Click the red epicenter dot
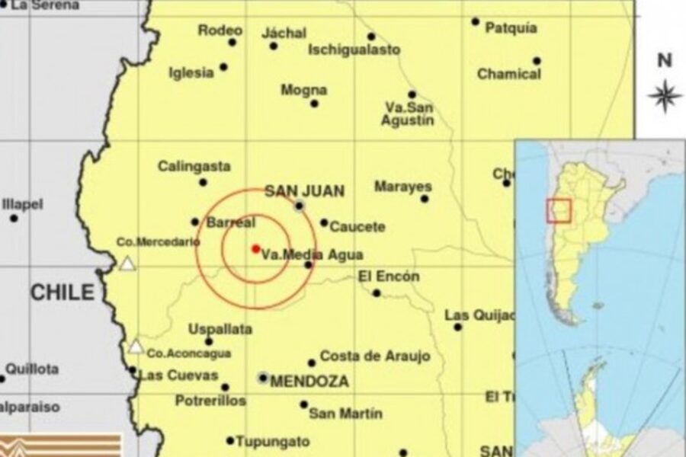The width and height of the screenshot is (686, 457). pyautogui.click(x=255, y=248)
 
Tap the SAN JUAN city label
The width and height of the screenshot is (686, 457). pyautogui.click(x=304, y=191)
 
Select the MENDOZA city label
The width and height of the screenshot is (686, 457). pyautogui.click(x=309, y=380)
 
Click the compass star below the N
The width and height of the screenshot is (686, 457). pyautogui.click(x=665, y=96)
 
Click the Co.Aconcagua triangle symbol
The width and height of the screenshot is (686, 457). pyautogui.click(x=136, y=347)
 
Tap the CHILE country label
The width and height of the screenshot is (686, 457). pyautogui.click(x=63, y=292)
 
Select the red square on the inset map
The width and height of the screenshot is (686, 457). pyautogui.click(x=559, y=211)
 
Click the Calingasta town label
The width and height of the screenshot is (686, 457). pyautogui.click(x=194, y=166)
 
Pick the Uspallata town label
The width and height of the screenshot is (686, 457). pyautogui.click(x=220, y=329)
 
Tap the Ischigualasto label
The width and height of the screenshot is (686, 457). pyautogui.click(x=354, y=50)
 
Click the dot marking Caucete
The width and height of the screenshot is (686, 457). pyautogui.click(x=324, y=223)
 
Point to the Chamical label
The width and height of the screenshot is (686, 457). pyautogui.click(x=508, y=74)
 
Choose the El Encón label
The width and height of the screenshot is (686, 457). pyautogui.click(x=388, y=276)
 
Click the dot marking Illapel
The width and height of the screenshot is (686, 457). pyautogui.click(x=14, y=218)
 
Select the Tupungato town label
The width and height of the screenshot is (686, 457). pyautogui.click(x=272, y=442)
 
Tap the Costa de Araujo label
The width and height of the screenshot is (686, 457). pyautogui.click(x=375, y=356)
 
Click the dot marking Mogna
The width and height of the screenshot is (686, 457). pyautogui.click(x=314, y=103)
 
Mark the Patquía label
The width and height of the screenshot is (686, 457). pyautogui.click(x=511, y=29)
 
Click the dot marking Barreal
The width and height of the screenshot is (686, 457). pyautogui.click(x=195, y=222)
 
